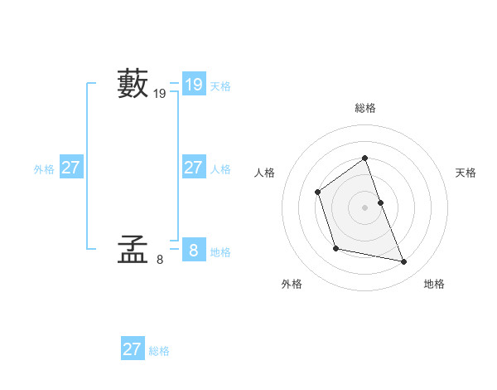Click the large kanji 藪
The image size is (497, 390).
click(133, 84)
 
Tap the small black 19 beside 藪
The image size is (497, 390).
click(160, 95)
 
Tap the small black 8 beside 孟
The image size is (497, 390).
click(160, 260)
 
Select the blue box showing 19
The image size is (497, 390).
click(193, 85)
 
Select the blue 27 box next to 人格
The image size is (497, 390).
click(193, 168)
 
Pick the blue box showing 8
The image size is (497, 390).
click(193, 250)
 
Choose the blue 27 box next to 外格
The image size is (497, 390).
click(70, 168)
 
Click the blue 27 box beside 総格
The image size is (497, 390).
click(132, 349)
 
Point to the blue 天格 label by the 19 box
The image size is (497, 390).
click(220, 86)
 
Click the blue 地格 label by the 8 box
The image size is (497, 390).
click(220, 252)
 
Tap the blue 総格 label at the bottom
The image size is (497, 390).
click(159, 351)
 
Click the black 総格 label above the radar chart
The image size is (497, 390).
click(364, 108)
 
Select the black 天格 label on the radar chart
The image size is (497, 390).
click(466, 173)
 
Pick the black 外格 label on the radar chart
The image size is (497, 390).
click(292, 284)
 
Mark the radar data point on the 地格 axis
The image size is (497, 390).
click(404, 262)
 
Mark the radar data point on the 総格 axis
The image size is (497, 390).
click(364, 158)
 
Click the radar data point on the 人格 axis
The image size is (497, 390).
click(318, 193)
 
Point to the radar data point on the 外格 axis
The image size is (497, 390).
click(335, 248)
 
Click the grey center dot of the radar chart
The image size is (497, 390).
click(364, 207)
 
